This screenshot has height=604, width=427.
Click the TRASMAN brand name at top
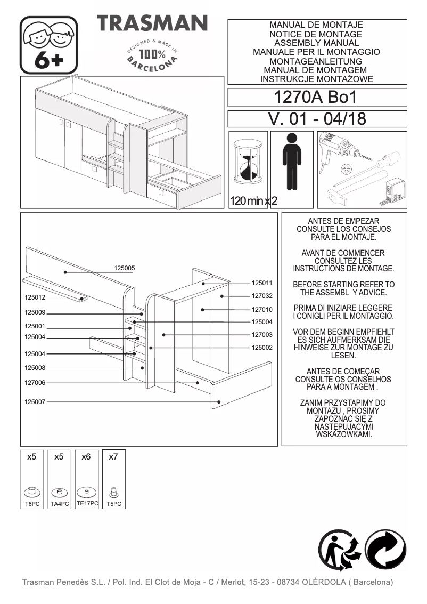(152, 23)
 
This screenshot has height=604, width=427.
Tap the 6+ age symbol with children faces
(49, 45)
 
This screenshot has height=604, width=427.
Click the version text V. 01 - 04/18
(317, 119)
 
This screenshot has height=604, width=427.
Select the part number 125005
(125, 268)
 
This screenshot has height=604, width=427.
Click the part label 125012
(35, 297)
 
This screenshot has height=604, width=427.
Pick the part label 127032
(262, 296)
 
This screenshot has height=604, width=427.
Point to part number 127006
(35, 383)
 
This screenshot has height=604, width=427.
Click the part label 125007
(35, 402)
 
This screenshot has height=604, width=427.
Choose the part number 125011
(262, 283)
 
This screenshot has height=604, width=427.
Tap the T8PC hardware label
(32, 504)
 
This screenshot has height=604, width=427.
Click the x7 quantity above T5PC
(113, 457)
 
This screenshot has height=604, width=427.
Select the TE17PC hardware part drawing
(86, 491)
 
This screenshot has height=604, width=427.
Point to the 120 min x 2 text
(253, 202)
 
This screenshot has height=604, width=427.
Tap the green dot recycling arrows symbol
(385, 551)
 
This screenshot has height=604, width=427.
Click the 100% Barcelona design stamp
(152, 54)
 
